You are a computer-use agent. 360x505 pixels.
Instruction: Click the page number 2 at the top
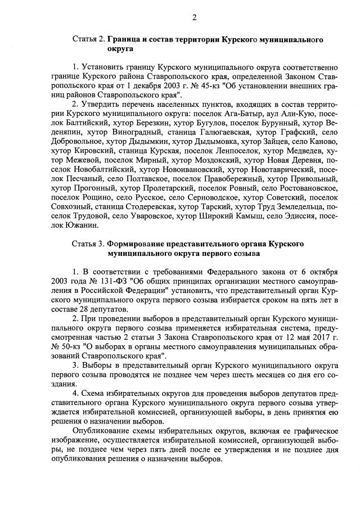[193, 17]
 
